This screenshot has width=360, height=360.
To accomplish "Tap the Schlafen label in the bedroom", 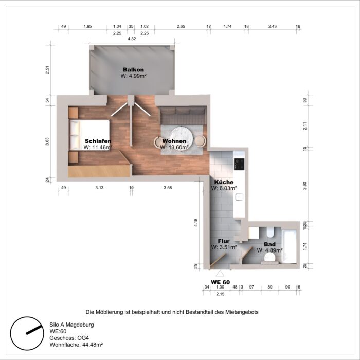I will [x=98, y=140].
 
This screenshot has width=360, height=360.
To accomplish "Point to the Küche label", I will [x=224, y=182].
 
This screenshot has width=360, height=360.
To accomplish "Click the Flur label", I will [x=224, y=241].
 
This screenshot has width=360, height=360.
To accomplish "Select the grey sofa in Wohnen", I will [x=182, y=115].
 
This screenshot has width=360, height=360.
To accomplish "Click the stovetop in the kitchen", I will [x=239, y=164].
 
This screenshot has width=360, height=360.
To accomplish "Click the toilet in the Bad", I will [x=271, y=256].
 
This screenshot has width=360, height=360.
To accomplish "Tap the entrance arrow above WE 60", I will [x=220, y=274].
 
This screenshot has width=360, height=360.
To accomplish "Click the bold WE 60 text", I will [x=220, y=282].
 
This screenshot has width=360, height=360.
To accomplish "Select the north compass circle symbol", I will [x=27, y=331].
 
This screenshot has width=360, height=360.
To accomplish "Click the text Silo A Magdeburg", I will [x=71, y=325].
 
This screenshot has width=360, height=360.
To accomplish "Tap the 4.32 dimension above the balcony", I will [x=132, y=39].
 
